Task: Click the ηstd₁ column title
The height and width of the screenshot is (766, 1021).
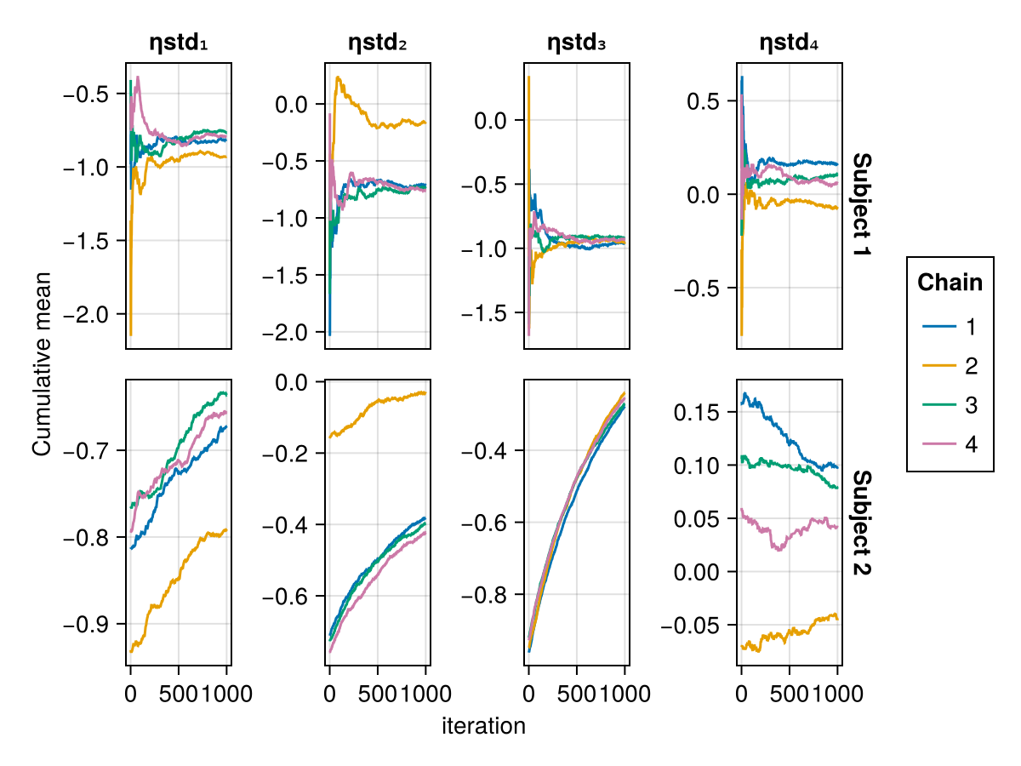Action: coord(178,43)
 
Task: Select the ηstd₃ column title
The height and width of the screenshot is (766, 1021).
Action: coord(576,43)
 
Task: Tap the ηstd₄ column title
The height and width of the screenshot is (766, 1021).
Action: coord(789,43)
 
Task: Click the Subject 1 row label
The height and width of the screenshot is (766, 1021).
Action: coord(862,204)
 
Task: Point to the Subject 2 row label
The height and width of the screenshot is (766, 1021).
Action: coord(862,523)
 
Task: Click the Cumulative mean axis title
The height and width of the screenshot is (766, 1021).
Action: coord(42,363)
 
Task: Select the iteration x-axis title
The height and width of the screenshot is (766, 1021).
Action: coord(484,726)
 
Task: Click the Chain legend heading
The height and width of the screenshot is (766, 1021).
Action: coord(950,283)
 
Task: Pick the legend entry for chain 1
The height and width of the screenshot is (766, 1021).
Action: coord(949,327)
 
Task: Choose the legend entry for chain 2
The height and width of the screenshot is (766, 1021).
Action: coord(949,366)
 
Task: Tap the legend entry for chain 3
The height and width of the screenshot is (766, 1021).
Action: coord(949,405)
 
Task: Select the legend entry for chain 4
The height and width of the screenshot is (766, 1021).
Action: coord(949,444)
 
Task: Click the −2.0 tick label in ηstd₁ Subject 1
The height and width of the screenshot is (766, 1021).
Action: coord(86,314)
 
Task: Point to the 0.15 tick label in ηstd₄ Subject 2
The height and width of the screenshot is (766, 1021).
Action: coord(697,413)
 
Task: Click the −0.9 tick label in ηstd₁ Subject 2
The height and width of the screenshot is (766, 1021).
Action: coord(86,624)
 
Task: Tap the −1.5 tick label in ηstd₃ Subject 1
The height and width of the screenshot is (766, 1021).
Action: coord(484,313)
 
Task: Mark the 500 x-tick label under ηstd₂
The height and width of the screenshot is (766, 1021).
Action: coord(377,694)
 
